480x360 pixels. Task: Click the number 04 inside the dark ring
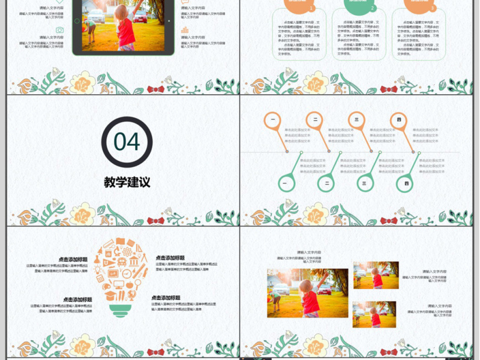point(127,142)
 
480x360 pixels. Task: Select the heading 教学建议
point(127,182)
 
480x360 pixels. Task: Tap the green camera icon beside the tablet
point(59,30)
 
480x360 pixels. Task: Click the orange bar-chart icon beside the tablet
point(185,29)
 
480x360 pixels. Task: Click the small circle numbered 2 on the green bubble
point(373,9)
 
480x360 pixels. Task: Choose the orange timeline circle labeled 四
point(398,120)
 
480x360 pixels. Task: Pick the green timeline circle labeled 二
point(327,183)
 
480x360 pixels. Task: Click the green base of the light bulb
point(121,310)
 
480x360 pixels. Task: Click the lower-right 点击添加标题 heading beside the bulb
point(166,298)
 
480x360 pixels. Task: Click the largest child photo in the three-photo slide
point(307,293)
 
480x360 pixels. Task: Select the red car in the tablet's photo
point(140,17)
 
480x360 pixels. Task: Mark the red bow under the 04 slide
point(155,221)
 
